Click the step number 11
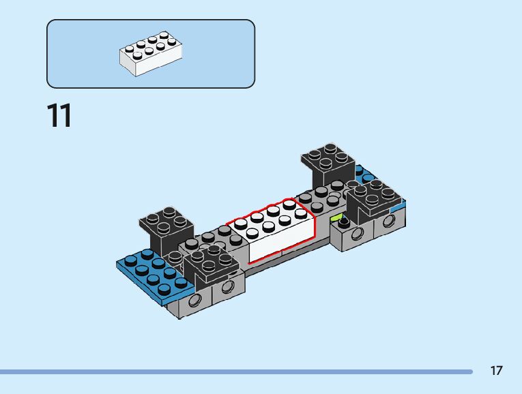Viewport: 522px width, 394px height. click(x=59, y=116)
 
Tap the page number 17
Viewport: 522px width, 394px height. click(x=496, y=371)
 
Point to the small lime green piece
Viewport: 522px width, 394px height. click(x=336, y=217)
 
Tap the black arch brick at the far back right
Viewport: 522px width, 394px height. click(x=329, y=164)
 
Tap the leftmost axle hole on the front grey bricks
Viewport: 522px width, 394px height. click(x=195, y=300)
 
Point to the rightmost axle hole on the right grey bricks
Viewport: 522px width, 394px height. click(x=388, y=222)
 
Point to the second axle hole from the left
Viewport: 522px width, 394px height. click(x=229, y=287)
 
